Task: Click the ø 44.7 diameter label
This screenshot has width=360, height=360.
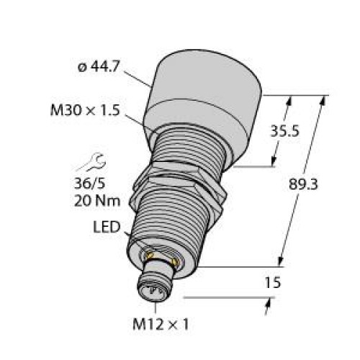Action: [98, 66]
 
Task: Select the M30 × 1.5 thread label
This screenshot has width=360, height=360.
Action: [85, 111]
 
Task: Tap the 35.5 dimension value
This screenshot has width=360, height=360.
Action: [285, 131]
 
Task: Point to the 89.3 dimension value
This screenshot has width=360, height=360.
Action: [303, 184]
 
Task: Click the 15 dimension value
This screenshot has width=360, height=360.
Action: [272, 282]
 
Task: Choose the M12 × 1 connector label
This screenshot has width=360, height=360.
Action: [161, 325]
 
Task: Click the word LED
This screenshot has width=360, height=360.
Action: [107, 227]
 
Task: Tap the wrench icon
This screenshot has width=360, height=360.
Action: [91, 163]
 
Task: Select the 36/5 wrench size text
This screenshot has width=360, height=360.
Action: [89, 184]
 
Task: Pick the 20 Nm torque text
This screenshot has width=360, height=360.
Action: [97, 201]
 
